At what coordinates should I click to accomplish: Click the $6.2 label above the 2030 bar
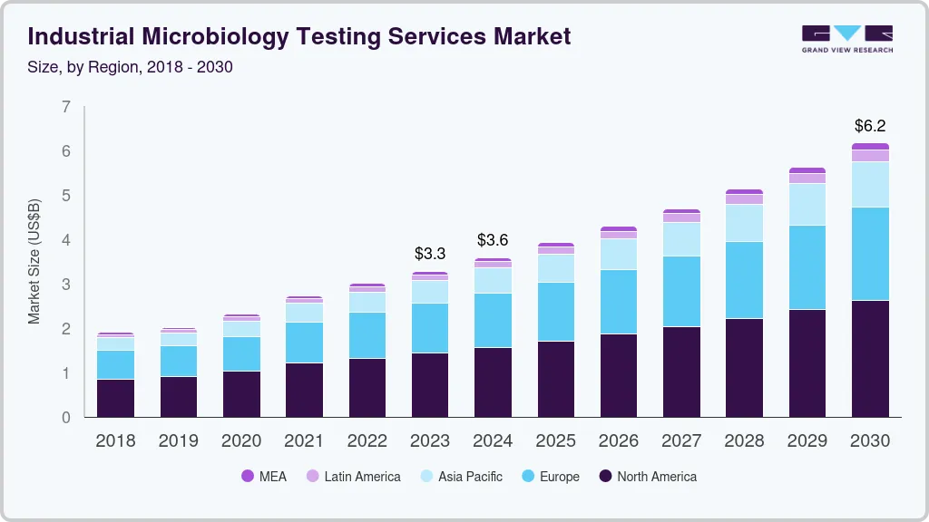(870, 126)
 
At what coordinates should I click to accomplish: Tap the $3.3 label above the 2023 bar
(430, 253)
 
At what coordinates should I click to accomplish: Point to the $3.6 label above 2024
(493, 240)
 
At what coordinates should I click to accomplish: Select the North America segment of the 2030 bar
(870, 358)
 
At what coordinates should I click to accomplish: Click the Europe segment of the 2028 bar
(744, 279)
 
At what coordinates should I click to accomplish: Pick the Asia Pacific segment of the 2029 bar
(807, 204)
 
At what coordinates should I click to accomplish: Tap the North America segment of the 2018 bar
(115, 398)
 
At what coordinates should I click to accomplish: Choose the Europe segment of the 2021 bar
(304, 342)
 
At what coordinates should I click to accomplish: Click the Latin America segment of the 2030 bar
(870, 156)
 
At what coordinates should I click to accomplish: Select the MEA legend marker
(248, 477)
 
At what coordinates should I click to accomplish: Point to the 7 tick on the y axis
(65, 107)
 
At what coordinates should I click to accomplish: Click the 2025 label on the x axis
(555, 440)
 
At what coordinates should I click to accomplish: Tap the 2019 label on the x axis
(178, 440)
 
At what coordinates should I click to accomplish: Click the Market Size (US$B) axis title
(34, 262)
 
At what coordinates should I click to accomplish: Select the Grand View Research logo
(846, 38)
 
